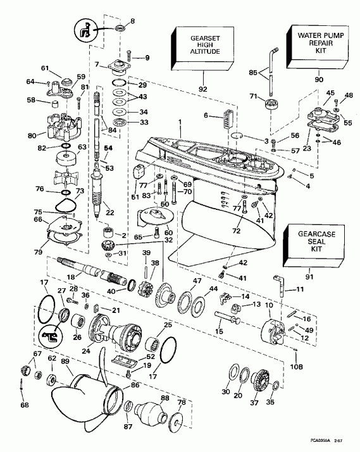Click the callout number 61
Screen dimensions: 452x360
point(45,68)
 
